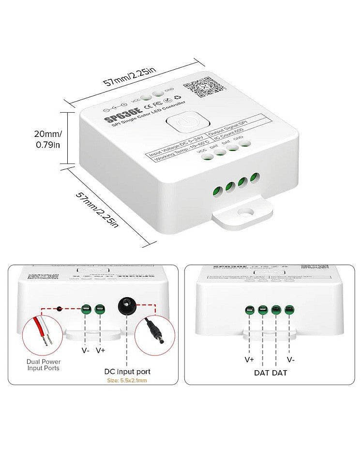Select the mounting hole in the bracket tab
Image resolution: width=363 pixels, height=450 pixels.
[248, 212]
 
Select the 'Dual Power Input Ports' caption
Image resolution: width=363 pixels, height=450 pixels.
[43, 364]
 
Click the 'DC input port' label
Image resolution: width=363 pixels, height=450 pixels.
[127, 372]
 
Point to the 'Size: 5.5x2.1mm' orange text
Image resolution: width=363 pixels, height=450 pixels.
[127, 381]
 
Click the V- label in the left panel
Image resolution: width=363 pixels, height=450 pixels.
[86, 350]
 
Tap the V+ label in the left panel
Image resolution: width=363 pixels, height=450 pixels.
[101, 350]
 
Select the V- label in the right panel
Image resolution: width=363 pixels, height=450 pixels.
[290, 360]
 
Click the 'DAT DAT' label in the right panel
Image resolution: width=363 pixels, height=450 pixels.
[270, 373]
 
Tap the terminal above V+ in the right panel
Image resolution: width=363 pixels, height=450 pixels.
[250, 310]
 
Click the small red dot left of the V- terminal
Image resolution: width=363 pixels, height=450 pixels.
[60, 308]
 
